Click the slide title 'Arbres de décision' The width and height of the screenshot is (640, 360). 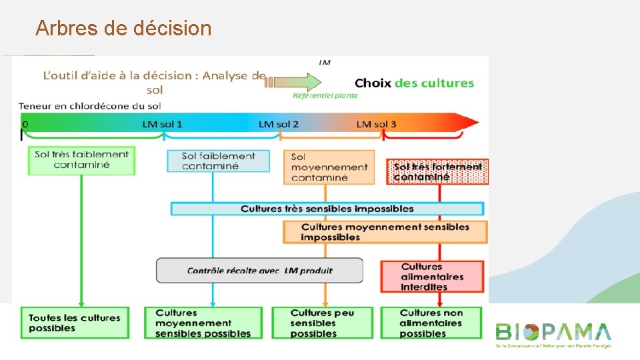pyautogui.click(x=123, y=28)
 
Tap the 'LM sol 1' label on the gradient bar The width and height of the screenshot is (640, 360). pyautogui.click(x=162, y=124)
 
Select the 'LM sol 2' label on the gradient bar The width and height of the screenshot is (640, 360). pyautogui.click(x=279, y=124)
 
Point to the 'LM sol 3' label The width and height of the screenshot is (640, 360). pyautogui.click(x=376, y=124)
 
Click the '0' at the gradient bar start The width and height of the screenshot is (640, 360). pyautogui.click(x=25, y=125)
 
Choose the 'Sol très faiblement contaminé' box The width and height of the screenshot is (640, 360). pyautogui.click(x=81, y=160)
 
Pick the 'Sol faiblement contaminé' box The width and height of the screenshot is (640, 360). pyautogui.click(x=218, y=161)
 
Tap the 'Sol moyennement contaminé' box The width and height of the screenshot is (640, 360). pyautogui.click(x=329, y=167)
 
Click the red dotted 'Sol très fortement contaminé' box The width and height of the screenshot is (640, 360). pyautogui.click(x=437, y=172)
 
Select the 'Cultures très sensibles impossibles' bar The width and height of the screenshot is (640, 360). pyautogui.click(x=327, y=209)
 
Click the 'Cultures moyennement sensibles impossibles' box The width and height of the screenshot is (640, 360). pyautogui.click(x=385, y=232)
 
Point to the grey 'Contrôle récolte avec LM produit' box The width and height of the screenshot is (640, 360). pyautogui.click(x=259, y=271)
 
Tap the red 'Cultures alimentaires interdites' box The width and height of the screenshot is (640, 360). pyautogui.click(x=432, y=277)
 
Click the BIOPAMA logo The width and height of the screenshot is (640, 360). pyautogui.click(x=553, y=334)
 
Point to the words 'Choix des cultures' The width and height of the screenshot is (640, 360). pyautogui.click(x=414, y=83)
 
